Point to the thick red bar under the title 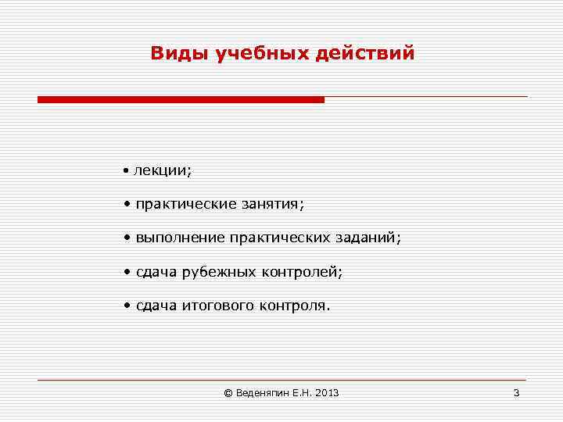181,100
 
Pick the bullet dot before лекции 126,170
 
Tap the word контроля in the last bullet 295,306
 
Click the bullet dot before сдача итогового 126,306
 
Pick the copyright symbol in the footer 228,393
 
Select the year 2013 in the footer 328,393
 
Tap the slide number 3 516,393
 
